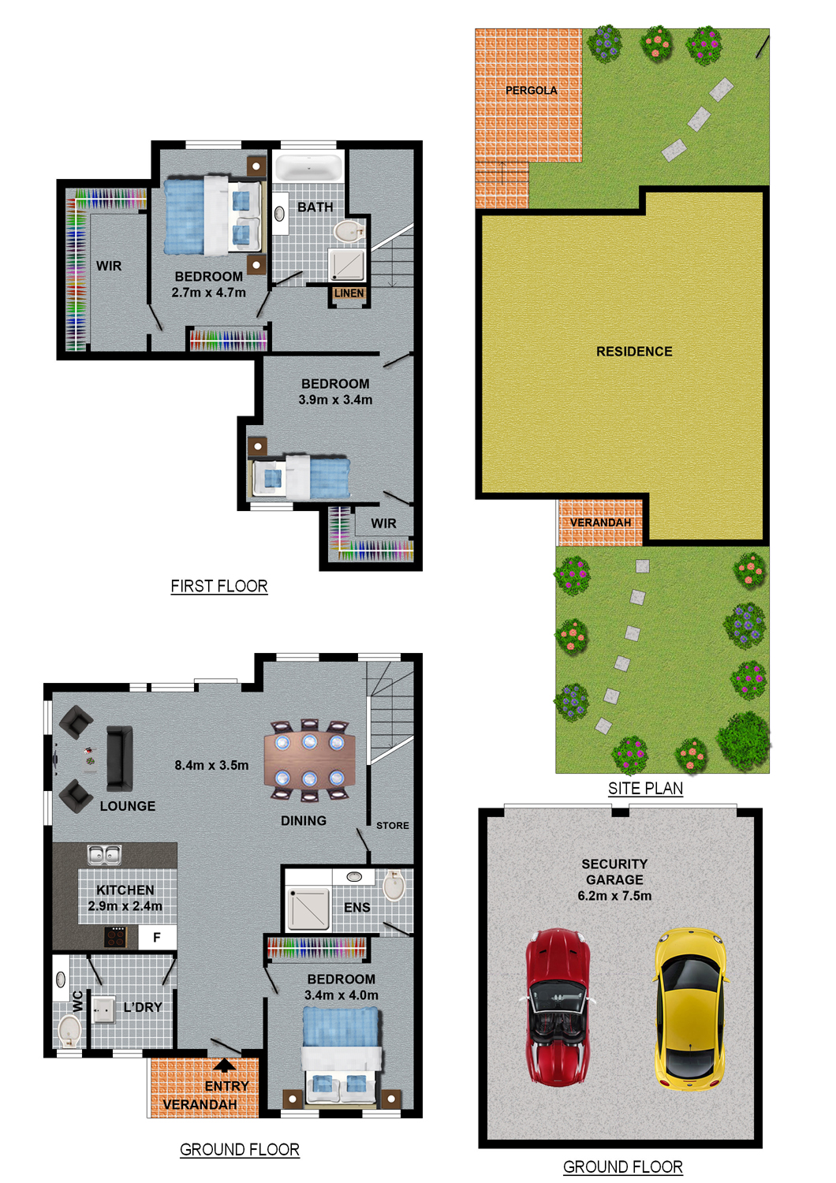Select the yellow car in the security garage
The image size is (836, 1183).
point(690,1009)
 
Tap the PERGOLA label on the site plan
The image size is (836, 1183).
point(531,91)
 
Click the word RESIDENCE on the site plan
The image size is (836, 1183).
point(634,351)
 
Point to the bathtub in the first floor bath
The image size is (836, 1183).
point(309,167)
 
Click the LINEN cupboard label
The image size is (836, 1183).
point(349,293)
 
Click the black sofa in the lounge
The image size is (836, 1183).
point(119,758)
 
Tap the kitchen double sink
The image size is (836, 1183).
point(105,855)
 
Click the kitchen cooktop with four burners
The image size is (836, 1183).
point(116,938)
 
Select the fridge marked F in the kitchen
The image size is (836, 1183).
point(157,938)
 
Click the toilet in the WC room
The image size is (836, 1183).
point(69,1032)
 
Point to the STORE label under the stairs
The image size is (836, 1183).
point(393,826)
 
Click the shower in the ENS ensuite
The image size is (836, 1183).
point(308,909)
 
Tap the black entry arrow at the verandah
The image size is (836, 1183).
point(225,1065)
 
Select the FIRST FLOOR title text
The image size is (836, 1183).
point(219,586)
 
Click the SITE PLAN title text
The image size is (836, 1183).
point(645,789)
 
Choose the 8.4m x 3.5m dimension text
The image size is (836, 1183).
point(212,765)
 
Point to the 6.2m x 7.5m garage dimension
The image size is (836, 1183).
point(614,896)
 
